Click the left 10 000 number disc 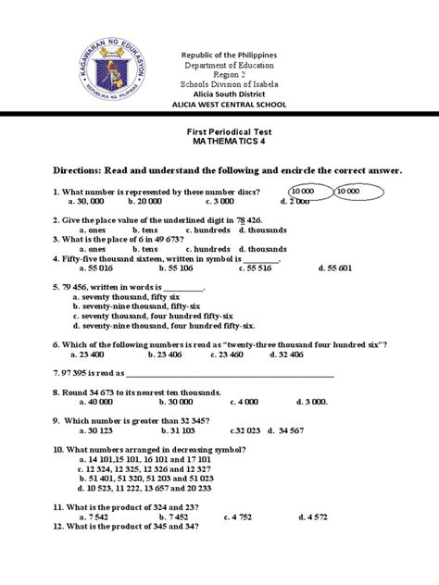pyautogui.click(x=309, y=190)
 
